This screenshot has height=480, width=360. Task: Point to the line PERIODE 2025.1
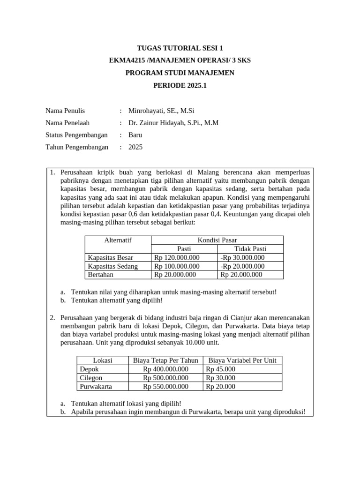[180, 85]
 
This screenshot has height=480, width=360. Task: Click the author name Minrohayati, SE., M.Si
[161, 111]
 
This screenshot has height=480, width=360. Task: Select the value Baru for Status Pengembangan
[135, 135]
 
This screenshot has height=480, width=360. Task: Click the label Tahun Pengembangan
[76, 147]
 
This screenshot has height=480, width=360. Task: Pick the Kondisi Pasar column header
[217, 240]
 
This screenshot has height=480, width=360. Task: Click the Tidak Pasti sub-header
[250, 249]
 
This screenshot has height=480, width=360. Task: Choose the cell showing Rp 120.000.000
[177, 257]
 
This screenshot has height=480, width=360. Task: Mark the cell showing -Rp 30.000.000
[242, 257]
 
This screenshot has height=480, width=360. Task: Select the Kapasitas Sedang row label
[112, 266]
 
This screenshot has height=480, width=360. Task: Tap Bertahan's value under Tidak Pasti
[241, 275]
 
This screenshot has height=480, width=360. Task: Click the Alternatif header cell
[118, 240]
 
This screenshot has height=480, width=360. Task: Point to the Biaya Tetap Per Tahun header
[165, 360]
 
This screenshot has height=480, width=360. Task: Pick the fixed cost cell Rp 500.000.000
[165, 378]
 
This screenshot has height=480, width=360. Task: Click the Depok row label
[90, 369]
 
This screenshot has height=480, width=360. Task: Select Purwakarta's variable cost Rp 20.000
[221, 387]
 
